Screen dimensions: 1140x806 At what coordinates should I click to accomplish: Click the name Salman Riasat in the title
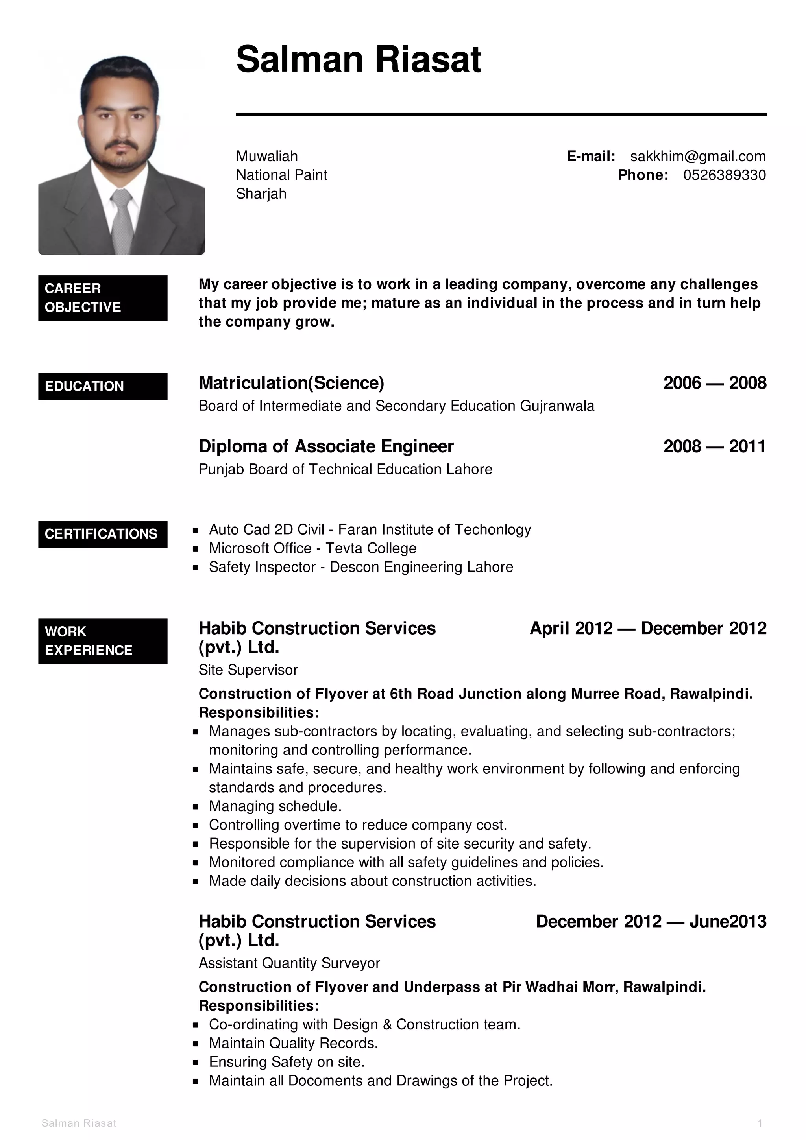point(358,59)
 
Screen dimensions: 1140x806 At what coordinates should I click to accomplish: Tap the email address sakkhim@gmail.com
point(697,157)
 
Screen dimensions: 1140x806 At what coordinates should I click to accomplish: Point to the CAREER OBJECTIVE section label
point(102,298)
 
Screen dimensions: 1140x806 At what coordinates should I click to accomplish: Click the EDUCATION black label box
point(102,386)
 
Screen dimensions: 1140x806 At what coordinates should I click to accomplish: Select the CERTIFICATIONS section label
point(102,534)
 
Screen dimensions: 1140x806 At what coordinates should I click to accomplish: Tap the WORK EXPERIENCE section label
point(102,641)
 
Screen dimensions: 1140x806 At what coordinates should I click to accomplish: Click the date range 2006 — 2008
point(715,383)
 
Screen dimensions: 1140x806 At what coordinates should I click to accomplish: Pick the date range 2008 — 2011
point(715,446)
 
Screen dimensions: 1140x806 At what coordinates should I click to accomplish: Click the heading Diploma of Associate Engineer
point(326,446)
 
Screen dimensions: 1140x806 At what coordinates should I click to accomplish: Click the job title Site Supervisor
point(248,670)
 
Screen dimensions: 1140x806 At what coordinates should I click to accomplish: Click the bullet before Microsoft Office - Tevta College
point(196,549)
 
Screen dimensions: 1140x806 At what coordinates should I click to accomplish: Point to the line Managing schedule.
point(275,806)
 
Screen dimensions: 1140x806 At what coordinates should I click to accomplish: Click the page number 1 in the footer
point(760,1123)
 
